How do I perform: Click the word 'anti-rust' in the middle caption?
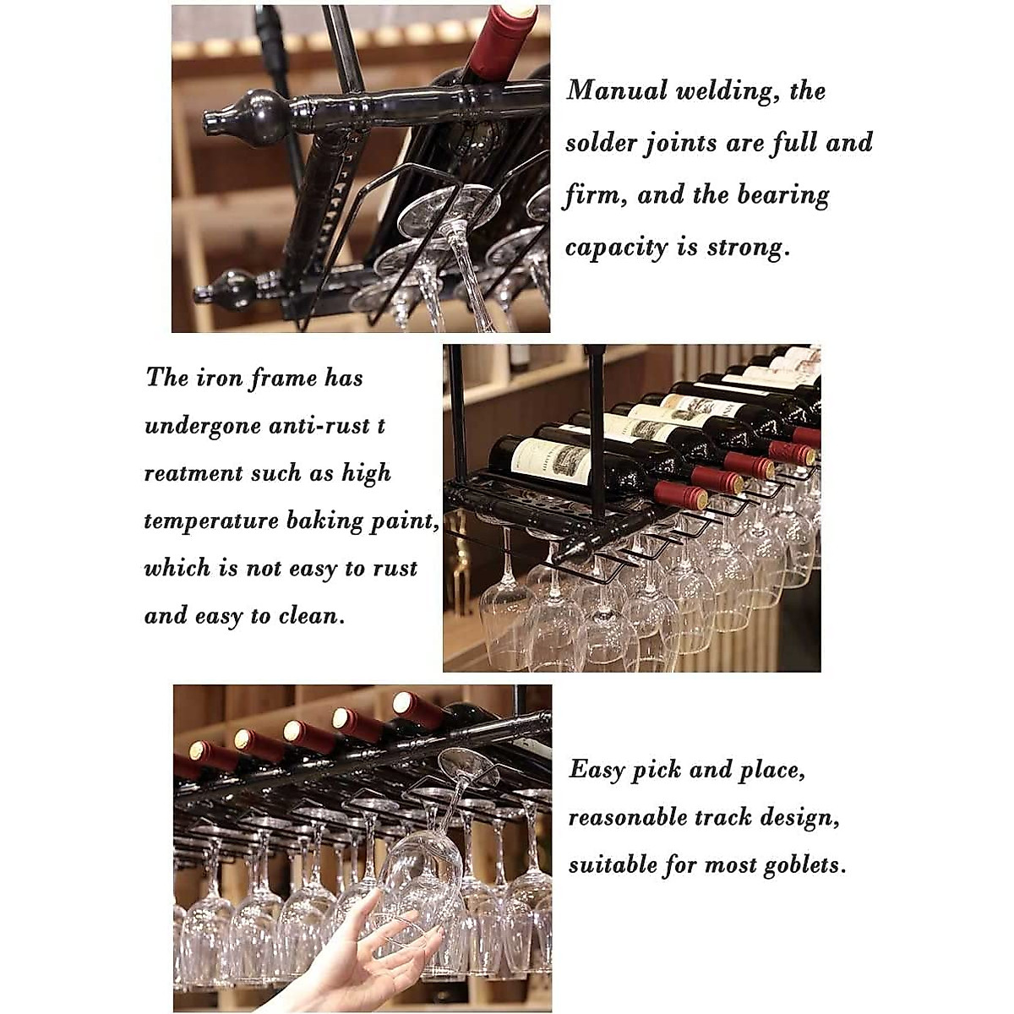point(319,425)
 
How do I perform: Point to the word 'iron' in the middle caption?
point(219,378)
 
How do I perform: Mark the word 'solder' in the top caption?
point(601,144)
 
